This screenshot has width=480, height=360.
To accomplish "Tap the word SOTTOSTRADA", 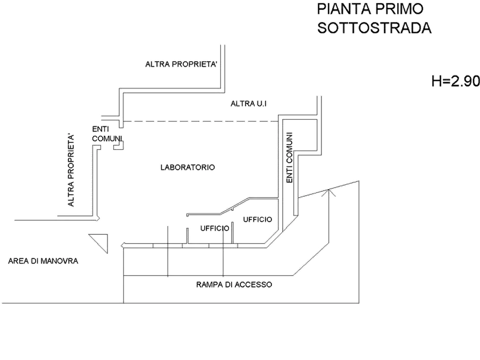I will click(x=375, y=28).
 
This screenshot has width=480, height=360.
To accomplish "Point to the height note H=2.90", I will click(x=454, y=81).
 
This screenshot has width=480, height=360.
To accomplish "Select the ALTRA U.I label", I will click(x=248, y=103).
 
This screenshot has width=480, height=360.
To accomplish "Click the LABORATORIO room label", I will click(x=188, y=168).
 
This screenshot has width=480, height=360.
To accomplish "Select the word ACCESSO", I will click(x=254, y=285).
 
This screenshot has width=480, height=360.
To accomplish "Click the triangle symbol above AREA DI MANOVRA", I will click(x=101, y=242).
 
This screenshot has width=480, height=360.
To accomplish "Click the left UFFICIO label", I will click(x=215, y=228).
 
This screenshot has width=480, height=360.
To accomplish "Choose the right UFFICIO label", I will click(x=257, y=219).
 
